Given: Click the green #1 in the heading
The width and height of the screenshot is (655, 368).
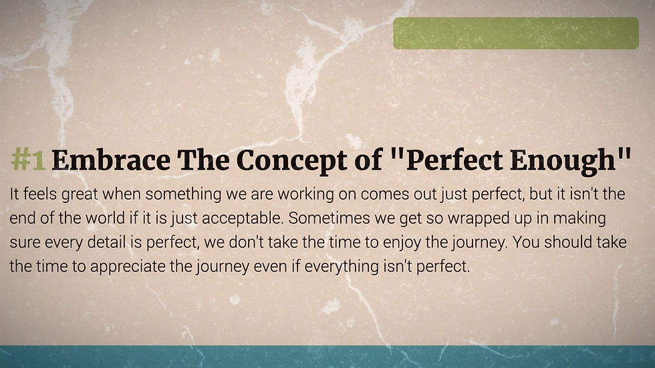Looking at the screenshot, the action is pos(28,160).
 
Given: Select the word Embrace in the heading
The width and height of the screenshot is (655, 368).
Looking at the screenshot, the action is pos(111,160).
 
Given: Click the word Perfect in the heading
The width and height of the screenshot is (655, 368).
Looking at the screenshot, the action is pos(454,160).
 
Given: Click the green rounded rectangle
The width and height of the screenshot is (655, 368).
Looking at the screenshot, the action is pos(516,33).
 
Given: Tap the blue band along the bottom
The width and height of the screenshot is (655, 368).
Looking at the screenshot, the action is pos(327,357).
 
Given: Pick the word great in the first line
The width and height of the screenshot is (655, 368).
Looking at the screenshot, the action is pos(80,195).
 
